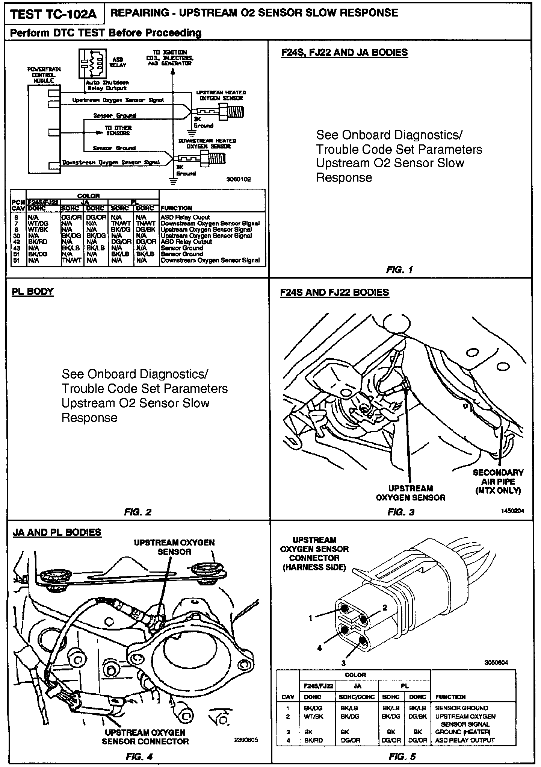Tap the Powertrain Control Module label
click(44, 75)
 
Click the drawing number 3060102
click(238, 179)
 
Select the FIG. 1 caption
click(399, 270)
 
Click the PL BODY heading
click(33, 292)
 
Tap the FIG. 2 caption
click(138, 512)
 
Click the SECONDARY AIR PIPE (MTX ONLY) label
click(498, 481)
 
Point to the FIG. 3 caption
click(401, 512)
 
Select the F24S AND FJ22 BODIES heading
click(335, 293)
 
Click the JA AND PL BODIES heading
click(57, 532)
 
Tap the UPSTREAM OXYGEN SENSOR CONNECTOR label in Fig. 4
click(145, 737)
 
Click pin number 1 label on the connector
click(310, 617)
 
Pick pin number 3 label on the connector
click(343, 663)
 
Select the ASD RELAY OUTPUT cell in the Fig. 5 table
click(465, 740)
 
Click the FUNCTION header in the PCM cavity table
click(176, 208)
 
